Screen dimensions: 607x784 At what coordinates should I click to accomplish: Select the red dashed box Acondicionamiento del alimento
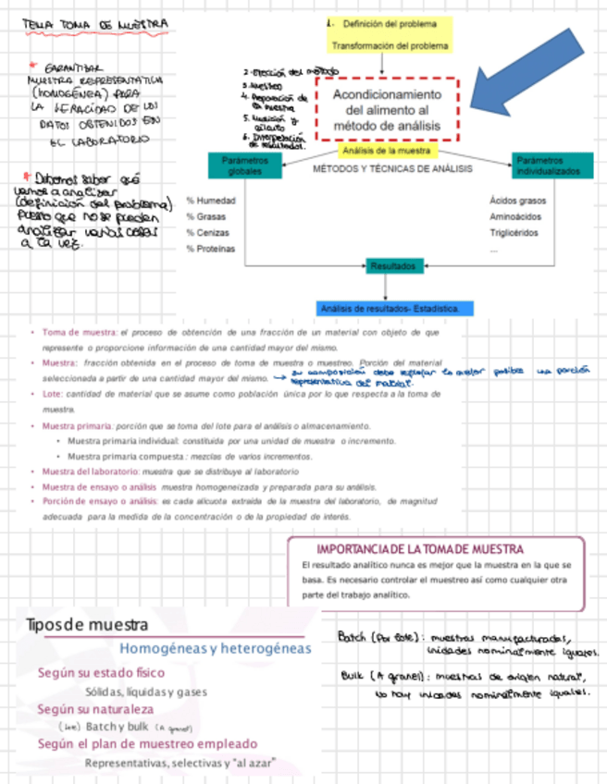pyautogui.click(x=387, y=110)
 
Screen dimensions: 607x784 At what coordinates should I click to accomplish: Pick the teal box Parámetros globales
pyautogui.click(x=244, y=165)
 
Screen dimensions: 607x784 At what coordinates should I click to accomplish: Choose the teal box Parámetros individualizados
pyautogui.click(x=548, y=165)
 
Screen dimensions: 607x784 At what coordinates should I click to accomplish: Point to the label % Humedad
pyautogui.click(x=211, y=200)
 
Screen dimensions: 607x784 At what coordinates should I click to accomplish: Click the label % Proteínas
pyautogui.click(x=211, y=249)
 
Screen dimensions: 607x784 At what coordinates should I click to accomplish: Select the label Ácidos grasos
pyautogui.click(x=517, y=200)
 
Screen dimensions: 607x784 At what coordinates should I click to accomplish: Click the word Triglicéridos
pyautogui.click(x=514, y=233)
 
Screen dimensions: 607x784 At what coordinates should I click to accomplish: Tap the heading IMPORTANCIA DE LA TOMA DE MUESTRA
pyautogui.click(x=419, y=549)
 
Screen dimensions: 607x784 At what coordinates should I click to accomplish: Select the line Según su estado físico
pyautogui.click(x=101, y=673)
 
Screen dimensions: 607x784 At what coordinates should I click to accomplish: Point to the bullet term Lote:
pyautogui.click(x=54, y=394)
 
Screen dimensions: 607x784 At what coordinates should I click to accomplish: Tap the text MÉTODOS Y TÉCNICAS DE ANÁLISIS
pyautogui.click(x=393, y=169)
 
